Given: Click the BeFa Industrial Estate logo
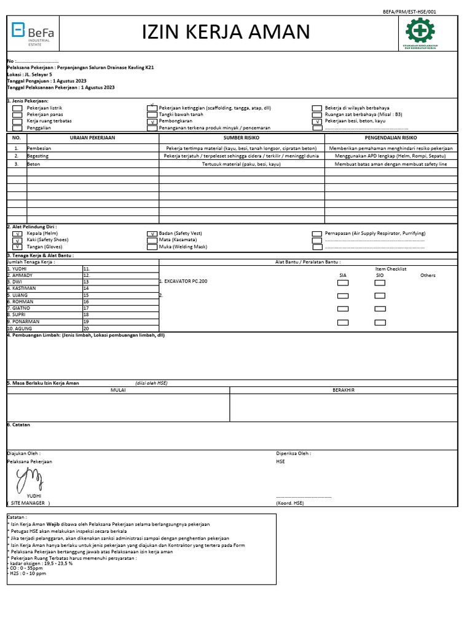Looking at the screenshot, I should (33, 33).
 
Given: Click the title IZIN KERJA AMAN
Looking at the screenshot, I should (226, 32).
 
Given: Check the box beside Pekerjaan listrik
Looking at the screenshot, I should (17, 108).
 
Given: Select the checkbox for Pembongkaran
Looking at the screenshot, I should (152, 122).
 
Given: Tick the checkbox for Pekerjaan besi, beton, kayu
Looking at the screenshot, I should (317, 122).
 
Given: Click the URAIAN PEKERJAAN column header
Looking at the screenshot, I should (92, 138).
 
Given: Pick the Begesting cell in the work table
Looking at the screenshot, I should (38, 156).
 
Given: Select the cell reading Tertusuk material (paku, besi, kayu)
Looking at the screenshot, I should (241, 164).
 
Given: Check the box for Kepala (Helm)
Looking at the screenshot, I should (17, 234).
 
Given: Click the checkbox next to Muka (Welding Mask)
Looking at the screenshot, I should (152, 247).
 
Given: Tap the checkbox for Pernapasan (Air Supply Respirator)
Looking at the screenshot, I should (317, 234).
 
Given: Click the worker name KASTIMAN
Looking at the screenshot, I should (24, 288).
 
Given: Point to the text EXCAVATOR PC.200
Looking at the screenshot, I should (185, 281).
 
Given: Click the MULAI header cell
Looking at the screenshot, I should (118, 390).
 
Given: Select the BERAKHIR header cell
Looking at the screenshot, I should (343, 390).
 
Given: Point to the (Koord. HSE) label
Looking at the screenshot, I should (290, 503).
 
